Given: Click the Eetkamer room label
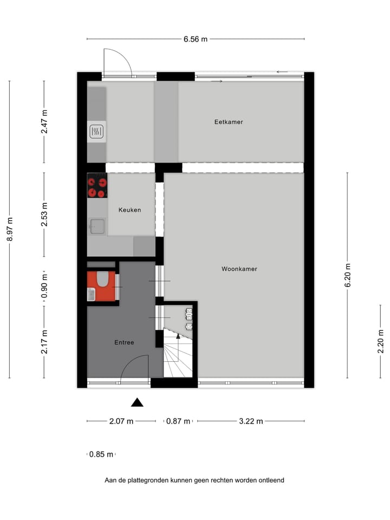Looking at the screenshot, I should (228, 122).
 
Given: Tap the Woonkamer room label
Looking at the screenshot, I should (239, 269).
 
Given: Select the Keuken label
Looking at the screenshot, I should (130, 210).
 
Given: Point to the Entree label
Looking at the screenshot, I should (124, 342).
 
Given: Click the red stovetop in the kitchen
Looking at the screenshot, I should (97, 186).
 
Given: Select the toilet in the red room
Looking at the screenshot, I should (102, 279).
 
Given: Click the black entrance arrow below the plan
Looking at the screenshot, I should (137, 402).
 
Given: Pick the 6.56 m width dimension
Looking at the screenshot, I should (196, 39).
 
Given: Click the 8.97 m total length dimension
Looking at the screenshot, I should (10, 230).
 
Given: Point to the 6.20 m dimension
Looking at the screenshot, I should (347, 276).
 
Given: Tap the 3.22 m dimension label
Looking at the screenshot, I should (251, 421).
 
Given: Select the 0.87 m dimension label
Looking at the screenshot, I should (178, 421).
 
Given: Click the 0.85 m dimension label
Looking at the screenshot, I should (101, 454).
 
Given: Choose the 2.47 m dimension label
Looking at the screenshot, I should (44, 122).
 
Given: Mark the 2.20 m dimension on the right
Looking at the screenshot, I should (380, 342).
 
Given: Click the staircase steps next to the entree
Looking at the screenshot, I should (177, 357).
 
